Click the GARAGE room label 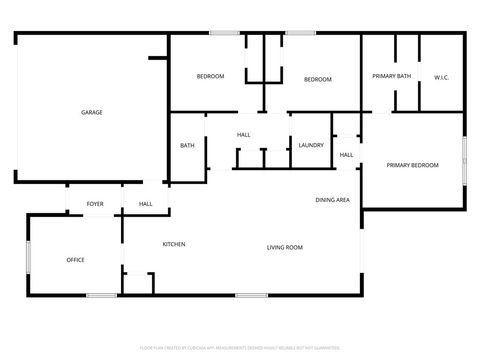click(92, 112)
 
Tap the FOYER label click(95, 204)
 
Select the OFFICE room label click(75, 260)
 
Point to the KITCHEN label click(174, 244)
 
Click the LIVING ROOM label click(284, 247)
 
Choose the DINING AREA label click(332, 200)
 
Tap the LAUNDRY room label click(310, 146)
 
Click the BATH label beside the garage click(187, 146)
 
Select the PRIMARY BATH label click(391, 76)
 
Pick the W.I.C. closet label click(442, 78)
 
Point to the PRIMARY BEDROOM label click(412, 165)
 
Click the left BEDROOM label click(210, 77)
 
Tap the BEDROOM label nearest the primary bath click(317, 79)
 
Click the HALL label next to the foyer click(145, 204)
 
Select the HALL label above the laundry click(243, 134)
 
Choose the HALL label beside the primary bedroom click(346, 155)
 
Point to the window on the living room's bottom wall click(251, 294)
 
